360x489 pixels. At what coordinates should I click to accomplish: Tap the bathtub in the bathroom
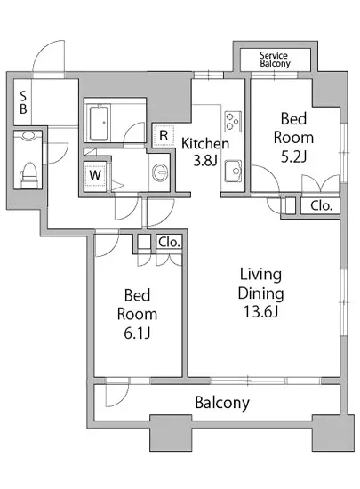point(100,124)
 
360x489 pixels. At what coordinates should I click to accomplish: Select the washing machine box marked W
point(95,175)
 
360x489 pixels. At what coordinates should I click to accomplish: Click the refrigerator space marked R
point(164,136)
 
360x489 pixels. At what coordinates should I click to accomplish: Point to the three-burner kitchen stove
point(233,122)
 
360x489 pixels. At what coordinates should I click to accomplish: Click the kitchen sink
point(233,171)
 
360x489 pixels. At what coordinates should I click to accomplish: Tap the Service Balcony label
point(275,60)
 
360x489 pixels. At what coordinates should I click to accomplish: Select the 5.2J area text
point(293,156)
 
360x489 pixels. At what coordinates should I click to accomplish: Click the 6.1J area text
point(137,333)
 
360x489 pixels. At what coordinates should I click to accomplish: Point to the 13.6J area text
point(260,312)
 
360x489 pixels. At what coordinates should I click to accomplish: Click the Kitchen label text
point(205,143)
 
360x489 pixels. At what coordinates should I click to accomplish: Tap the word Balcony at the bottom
point(222,403)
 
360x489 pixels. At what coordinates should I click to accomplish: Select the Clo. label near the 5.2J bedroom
point(321,206)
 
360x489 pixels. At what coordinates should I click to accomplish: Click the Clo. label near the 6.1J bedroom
point(169,242)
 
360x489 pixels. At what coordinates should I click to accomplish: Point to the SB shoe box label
point(23,102)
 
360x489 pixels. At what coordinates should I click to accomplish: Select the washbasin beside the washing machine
point(160,172)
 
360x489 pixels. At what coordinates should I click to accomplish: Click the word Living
point(260,275)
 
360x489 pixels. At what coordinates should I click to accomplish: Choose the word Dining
point(260,293)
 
